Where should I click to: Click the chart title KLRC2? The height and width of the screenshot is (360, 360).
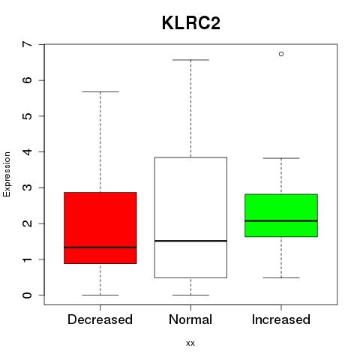[x=191, y=23]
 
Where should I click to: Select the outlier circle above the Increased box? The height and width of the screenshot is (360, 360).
[x=281, y=54]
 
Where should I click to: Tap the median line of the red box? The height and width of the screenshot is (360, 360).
[x=100, y=247]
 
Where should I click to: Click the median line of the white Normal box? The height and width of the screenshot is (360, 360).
[x=190, y=241]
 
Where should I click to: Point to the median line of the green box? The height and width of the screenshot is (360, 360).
[x=281, y=220]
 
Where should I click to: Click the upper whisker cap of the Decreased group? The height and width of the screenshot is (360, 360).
[x=100, y=91]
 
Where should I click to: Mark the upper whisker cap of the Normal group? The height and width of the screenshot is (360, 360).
[x=190, y=60]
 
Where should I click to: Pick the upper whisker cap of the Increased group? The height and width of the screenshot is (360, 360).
[x=281, y=158]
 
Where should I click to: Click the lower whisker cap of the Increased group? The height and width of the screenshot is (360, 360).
[x=281, y=277]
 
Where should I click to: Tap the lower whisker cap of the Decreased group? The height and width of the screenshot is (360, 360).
[x=100, y=295]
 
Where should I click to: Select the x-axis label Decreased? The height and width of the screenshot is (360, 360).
[x=100, y=319]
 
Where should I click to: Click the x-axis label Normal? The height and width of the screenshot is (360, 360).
[x=190, y=319]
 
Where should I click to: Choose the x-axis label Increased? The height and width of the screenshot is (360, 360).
[x=281, y=319]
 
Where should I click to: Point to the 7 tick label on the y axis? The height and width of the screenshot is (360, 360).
[x=27, y=44]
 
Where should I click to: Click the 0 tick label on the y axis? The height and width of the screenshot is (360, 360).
[x=27, y=295]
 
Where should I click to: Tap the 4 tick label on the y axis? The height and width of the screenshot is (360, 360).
[x=27, y=151]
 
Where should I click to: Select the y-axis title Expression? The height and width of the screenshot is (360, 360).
[x=7, y=174]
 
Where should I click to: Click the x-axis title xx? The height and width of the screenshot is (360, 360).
[x=190, y=343]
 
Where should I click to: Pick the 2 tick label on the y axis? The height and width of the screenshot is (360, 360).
[x=27, y=223]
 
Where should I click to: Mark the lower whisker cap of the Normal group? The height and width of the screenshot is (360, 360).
[x=190, y=295]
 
